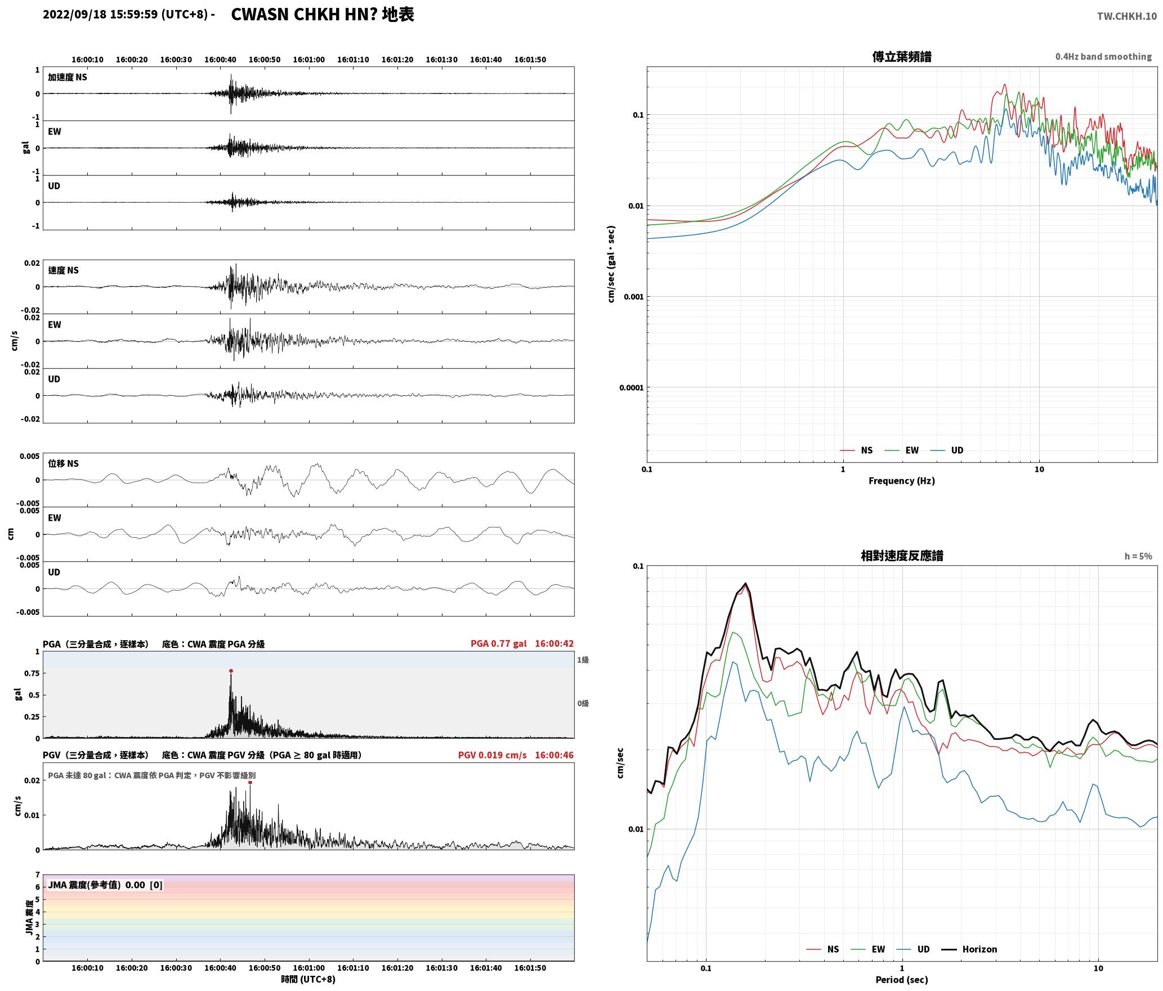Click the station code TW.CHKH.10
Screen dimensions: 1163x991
1127,16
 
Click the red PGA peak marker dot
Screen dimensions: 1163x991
231,671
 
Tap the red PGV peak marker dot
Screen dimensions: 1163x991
250,782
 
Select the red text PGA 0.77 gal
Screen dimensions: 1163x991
498,644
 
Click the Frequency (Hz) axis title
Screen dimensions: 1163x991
901,481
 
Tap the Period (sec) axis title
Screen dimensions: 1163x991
901,980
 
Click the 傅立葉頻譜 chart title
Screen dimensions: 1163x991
902,57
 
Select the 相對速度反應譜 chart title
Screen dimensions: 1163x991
902,556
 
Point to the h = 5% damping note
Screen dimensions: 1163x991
1138,556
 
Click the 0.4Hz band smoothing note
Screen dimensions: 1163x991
1103,57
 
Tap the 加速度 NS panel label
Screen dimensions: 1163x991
68,77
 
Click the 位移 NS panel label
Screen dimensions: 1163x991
63,463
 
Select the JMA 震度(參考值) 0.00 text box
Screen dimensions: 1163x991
105,885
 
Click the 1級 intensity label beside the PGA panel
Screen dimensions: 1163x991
583,660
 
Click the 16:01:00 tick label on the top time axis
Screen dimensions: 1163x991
309,60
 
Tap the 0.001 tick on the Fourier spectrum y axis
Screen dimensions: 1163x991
633,297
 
